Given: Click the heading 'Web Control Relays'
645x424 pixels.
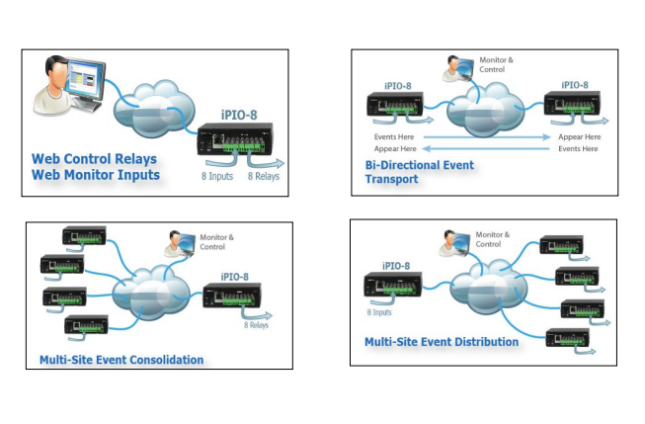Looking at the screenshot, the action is coord(94,159).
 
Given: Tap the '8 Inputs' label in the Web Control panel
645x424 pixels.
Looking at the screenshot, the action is coord(217,176).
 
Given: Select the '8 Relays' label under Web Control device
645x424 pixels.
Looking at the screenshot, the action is coord(264,176).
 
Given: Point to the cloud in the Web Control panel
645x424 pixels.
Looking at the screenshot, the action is coord(153,109).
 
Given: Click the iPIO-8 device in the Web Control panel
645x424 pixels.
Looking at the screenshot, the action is coord(235,138).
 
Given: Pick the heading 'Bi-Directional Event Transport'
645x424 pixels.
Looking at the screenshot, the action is coord(420,172).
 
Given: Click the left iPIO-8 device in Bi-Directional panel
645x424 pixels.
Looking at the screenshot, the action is coord(395,105).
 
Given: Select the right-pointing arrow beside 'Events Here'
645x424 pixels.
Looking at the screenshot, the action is coord(487,137).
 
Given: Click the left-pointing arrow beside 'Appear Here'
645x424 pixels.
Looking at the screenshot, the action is coord(486,148).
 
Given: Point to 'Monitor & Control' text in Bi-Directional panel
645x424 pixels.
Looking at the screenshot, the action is coord(496,64).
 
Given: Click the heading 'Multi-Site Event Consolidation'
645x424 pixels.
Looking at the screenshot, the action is coord(121,360).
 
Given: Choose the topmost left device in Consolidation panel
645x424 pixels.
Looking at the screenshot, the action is coord(84,236).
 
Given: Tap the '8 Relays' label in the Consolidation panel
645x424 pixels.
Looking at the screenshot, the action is coord(256,325).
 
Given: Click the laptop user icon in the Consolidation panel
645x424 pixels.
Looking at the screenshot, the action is coord(180,244).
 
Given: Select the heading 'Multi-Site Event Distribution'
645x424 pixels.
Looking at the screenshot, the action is coord(442,342).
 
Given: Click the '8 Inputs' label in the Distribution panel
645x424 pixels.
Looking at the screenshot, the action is coord(379,312).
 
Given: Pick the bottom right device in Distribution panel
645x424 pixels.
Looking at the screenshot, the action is coord(567,338).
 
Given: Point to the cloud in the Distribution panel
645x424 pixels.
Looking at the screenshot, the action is coord(489,287).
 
